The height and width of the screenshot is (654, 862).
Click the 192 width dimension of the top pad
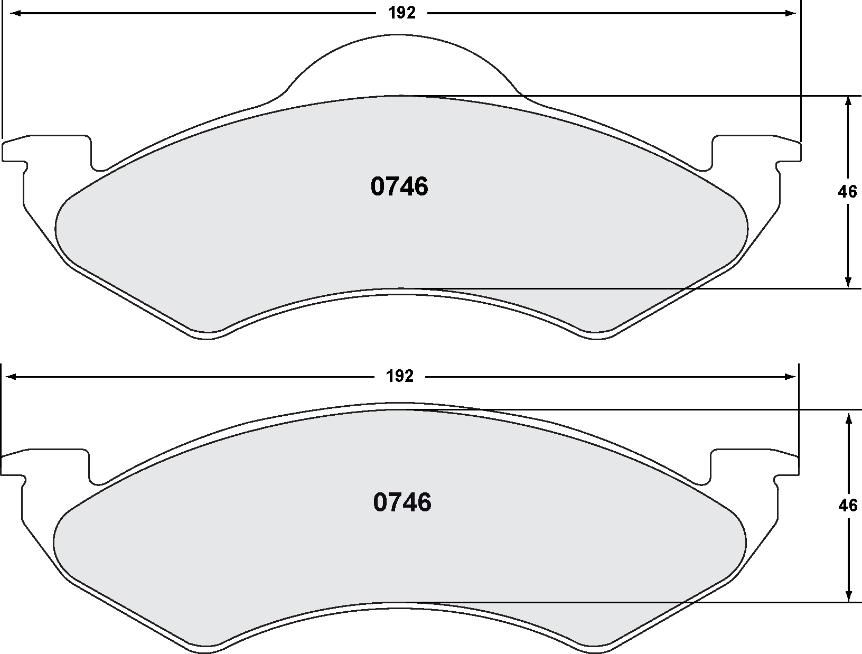[402, 13]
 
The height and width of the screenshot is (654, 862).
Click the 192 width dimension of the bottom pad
[400, 377]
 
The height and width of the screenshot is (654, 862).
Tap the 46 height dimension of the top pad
[847, 192]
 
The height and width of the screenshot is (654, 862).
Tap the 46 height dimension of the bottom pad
[848, 506]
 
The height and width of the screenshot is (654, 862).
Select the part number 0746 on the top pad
[399, 187]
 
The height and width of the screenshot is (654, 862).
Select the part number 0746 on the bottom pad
[402, 502]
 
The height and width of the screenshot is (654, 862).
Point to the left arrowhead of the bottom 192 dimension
[12, 377]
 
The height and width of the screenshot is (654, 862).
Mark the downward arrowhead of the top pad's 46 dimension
[848, 282]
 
